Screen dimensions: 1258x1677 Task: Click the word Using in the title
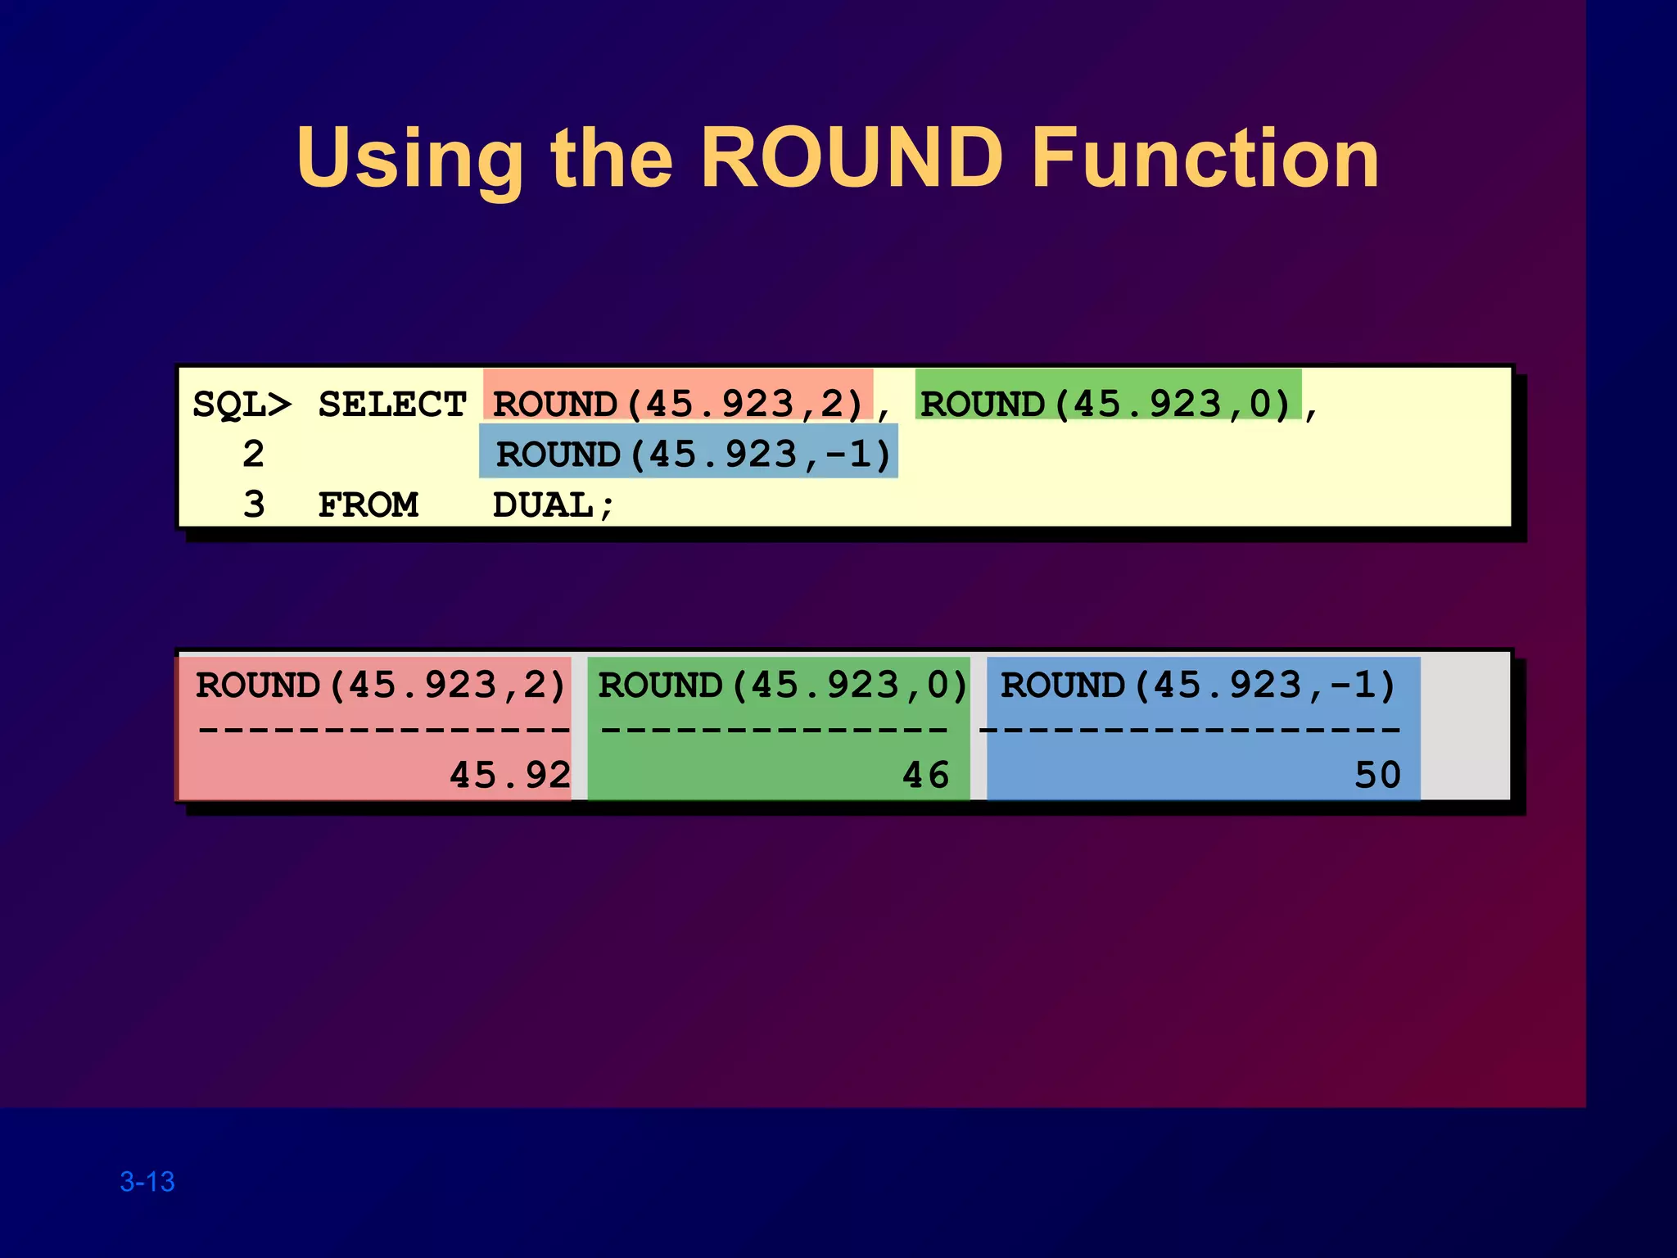409,160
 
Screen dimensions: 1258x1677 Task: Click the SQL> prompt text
242,405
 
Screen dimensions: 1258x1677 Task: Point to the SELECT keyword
391,405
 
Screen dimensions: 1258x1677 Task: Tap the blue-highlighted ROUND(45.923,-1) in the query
693,455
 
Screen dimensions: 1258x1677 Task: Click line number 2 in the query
254,455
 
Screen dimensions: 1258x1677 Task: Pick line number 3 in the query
254,505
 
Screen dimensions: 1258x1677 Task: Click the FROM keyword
368,505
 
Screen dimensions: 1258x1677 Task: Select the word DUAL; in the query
553,505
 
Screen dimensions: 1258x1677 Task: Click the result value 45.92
509,775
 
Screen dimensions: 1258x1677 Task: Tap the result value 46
925,775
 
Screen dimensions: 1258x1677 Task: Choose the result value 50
1377,775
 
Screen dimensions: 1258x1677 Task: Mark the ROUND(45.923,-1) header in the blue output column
1198,686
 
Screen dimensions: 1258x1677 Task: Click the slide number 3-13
147,1182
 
